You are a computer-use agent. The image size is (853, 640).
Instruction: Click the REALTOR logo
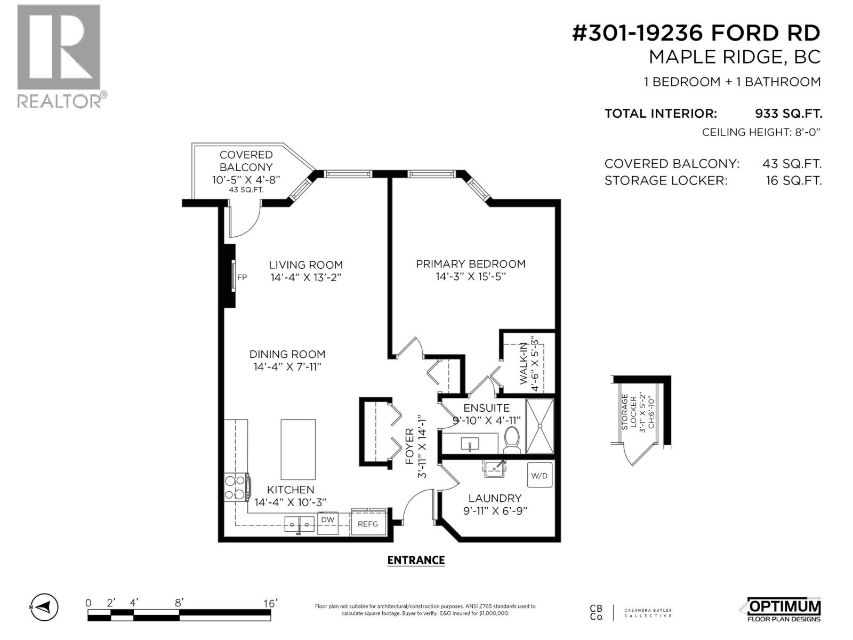(59, 56)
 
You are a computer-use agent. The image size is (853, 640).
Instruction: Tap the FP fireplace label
(242, 277)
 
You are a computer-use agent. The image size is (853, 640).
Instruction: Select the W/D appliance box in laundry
(540, 476)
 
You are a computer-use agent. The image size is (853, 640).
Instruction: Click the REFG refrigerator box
(368, 524)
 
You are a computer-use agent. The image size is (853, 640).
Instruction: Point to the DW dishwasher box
(328, 519)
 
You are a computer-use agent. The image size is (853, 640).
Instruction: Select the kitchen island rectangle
(298, 450)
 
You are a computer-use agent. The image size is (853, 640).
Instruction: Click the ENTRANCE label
(416, 560)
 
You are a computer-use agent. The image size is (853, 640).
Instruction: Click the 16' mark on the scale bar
(270, 603)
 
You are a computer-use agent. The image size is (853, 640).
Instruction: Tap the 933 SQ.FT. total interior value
(788, 114)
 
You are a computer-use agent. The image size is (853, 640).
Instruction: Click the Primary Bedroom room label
(471, 264)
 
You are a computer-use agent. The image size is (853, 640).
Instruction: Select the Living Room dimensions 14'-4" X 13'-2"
(305, 277)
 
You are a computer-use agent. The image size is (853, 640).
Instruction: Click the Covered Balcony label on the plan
(246, 161)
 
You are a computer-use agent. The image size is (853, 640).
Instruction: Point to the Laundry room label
(495, 498)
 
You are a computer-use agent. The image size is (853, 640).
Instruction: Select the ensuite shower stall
(540, 426)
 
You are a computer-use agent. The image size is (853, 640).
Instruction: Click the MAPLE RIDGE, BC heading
(734, 57)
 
